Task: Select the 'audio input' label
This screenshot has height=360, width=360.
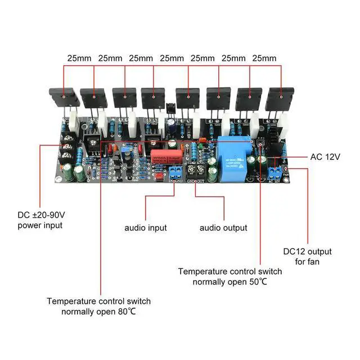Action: click(x=146, y=228)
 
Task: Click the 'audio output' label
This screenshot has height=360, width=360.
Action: click(x=223, y=228)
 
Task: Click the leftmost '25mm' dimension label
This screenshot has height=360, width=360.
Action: click(x=79, y=58)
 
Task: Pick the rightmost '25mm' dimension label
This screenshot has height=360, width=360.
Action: click(x=264, y=58)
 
